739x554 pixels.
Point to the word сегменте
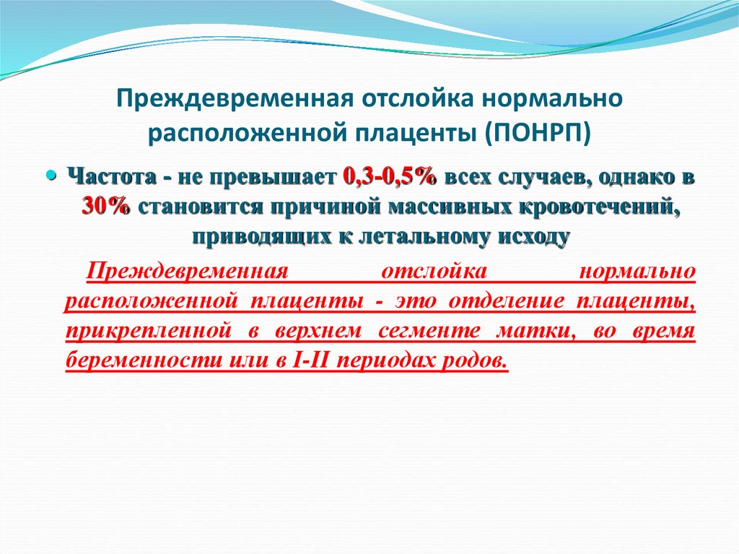coord(419,331)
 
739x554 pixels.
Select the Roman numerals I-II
coord(314,360)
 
